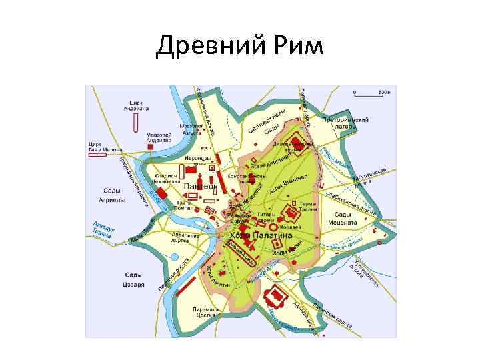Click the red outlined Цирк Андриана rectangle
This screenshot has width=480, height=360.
pyautogui.click(x=136, y=122)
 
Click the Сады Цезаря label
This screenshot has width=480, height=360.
pyautogui.click(x=133, y=279)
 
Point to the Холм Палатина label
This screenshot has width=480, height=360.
pyautogui.click(x=261, y=235)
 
